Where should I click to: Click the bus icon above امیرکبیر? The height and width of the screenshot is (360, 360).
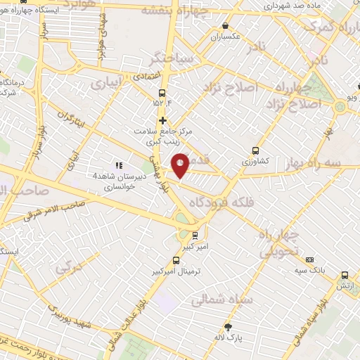point(195,236)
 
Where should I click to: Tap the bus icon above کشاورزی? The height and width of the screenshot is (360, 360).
point(255,150)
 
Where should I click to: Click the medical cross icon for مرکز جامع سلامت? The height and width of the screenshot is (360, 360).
point(162,120)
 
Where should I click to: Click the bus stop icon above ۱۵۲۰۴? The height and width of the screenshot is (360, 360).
point(162,92)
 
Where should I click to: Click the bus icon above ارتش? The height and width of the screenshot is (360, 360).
point(345,275)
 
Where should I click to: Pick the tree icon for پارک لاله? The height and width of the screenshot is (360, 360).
point(228,326)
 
